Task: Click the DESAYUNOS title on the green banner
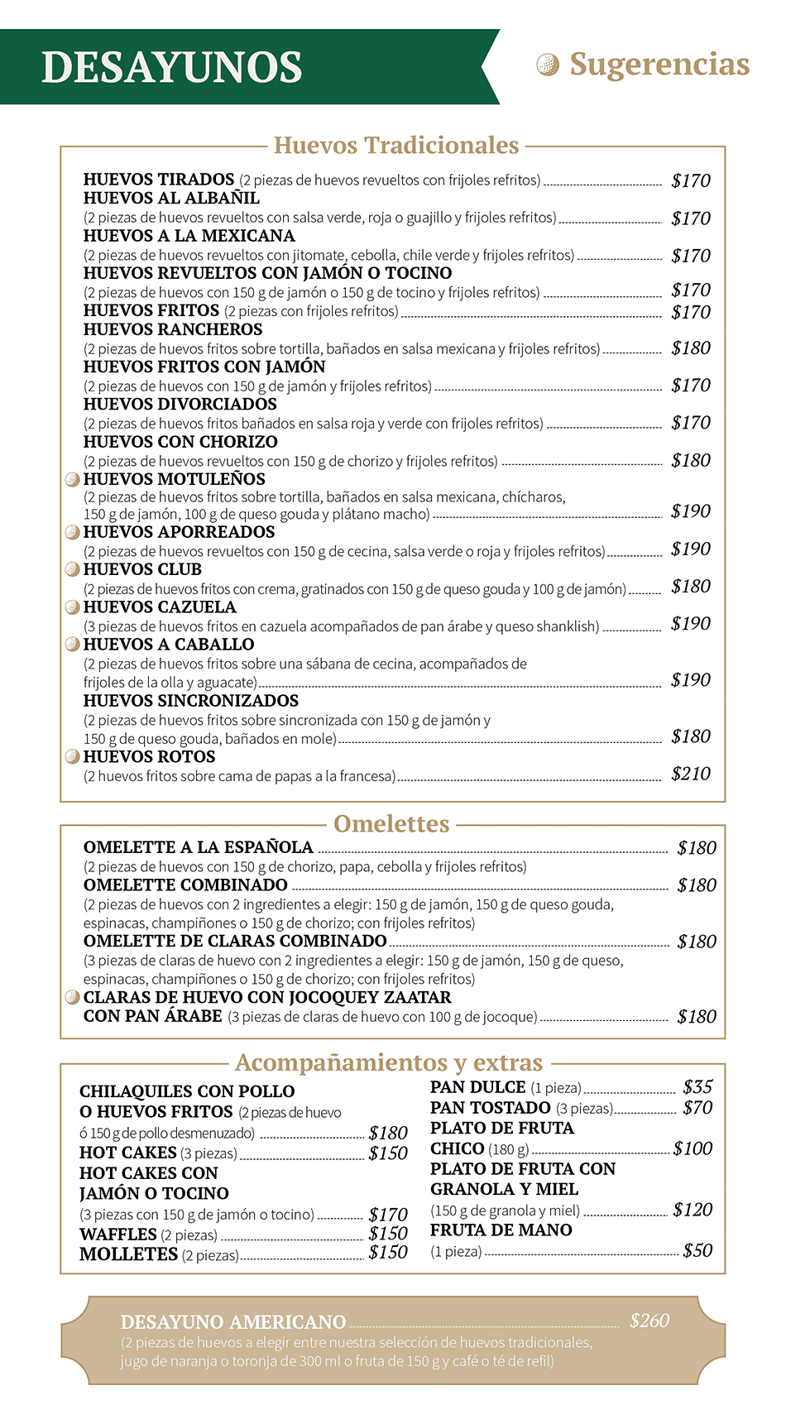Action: pos(172,68)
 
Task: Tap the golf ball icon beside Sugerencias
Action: pos(548,64)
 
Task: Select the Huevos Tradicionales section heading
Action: pos(396,146)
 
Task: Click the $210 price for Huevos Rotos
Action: pos(691,774)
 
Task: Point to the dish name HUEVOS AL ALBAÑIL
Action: pos(171,199)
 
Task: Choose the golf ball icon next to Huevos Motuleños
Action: pos(73,479)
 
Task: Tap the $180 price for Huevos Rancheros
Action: pos(691,348)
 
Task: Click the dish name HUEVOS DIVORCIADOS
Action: pos(180,405)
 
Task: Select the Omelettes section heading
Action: pos(391,824)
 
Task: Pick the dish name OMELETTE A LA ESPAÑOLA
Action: pos(199,847)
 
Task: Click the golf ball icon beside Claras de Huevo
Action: pos(73,997)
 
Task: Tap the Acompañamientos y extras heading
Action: pos(389,1062)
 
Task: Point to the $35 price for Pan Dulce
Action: pos(697,1087)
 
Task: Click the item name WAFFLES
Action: pos(118,1235)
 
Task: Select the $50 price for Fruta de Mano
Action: pos(697,1250)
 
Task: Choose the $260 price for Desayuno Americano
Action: pos(649,1321)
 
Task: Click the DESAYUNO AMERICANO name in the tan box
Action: pos(233,1322)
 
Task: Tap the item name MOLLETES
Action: pos(129,1254)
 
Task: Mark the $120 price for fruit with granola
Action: pos(693,1210)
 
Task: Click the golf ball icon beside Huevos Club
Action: pos(73,569)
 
